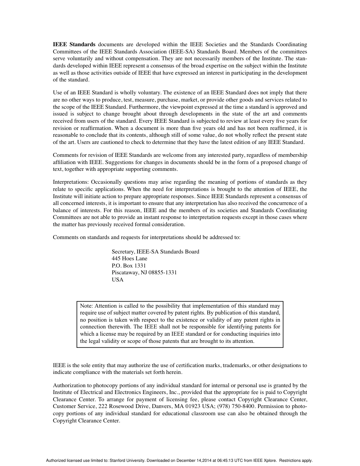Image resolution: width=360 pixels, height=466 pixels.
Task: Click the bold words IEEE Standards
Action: pyautogui.click(x=74, y=44)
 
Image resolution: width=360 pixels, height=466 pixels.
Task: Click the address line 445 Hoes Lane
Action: pyautogui.click(x=130, y=258)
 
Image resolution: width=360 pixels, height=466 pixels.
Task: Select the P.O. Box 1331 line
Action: pyautogui.click(x=129, y=266)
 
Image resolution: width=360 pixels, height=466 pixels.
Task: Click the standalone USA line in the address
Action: pyautogui.click(x=117, y=280)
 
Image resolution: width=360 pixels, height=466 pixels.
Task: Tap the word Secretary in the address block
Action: pyautogui.click(x=123, y=252)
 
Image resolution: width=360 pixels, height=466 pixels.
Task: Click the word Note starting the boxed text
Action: pyautogui.click(x=86, y=306)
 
